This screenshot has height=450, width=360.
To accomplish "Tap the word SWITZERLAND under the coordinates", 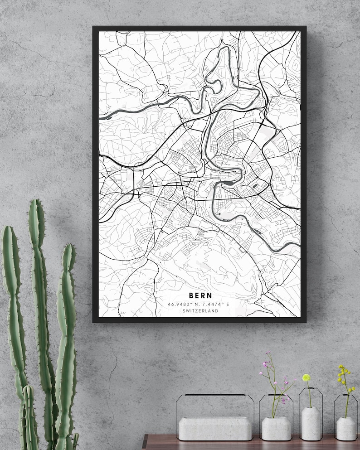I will coord(200,311).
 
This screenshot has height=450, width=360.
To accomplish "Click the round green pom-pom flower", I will coord(306,377).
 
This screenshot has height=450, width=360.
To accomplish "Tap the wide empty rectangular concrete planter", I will coord(215,428).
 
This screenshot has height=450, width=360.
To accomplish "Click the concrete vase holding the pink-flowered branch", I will coord(276,429).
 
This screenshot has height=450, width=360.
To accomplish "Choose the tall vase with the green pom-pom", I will coord(311,423).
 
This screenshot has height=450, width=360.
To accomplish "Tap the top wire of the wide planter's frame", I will coord(215,395).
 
